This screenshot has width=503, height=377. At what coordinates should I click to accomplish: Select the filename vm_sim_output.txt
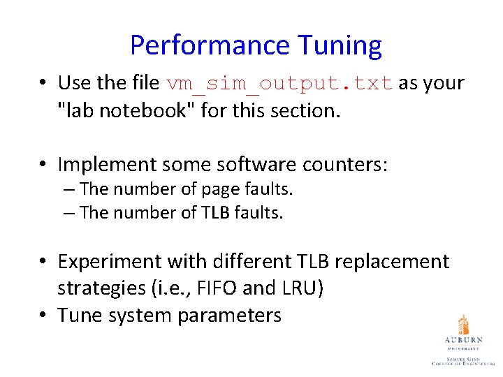pyautogui.click(x=280, y=84)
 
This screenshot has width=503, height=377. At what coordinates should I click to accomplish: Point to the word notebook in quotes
pyautogui.click(x=150, y=110)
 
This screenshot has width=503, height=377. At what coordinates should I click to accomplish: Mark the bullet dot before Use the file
pyautogui.click(x=43, y=84)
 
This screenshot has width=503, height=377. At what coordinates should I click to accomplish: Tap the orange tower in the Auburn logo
pyautogui.click(x=463, y=324)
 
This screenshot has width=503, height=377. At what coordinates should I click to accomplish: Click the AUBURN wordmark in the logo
pyautogui.click(x=463, y=340)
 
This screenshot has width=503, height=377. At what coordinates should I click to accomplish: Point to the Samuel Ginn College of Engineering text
pyautogui.click(x=463, y=360)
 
